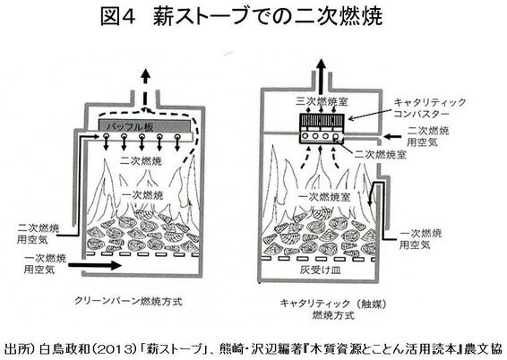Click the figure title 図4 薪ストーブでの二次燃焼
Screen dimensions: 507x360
[242, 16]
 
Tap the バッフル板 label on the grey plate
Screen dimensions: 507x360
[130, 126]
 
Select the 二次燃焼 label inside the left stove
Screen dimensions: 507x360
[141, 160]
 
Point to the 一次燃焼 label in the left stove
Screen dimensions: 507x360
[142, 195]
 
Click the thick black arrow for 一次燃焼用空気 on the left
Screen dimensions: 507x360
[95, 265]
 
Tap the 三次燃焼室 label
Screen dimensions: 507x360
[322, 101]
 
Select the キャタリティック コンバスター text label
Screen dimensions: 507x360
[430, 108]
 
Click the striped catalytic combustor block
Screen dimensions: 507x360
[322, 122]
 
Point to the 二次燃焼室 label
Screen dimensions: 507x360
[380, 154]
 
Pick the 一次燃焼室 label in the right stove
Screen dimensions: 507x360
[324, 197]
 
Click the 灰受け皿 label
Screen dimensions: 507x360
[320, 270]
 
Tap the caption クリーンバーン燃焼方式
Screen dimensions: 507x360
[129, 301]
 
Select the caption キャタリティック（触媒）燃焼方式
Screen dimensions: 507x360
[333, 309]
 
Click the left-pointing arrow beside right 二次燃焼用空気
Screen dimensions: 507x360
[391, 136]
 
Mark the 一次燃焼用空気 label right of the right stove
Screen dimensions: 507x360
[420, 239]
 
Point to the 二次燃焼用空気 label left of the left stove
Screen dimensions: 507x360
[39, 234]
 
